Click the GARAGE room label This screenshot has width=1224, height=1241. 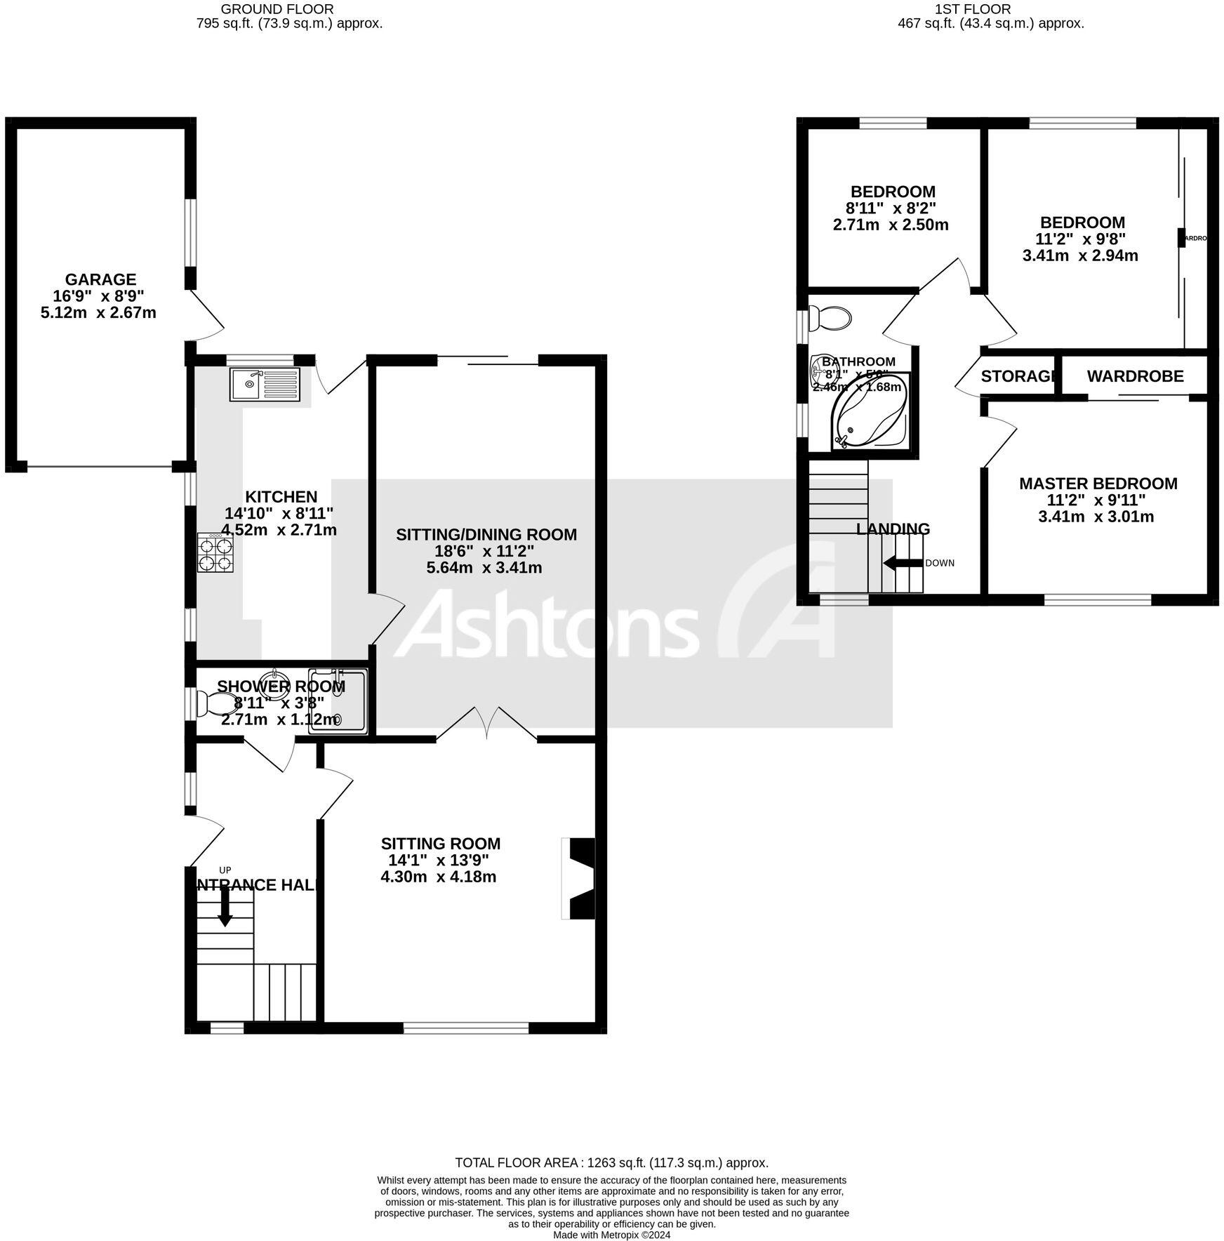(x=100, y=279)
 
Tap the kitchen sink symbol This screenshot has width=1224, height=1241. (x=265, y=384)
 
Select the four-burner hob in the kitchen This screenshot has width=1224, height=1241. (x=215, y=552)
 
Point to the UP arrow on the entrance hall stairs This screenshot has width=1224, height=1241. (x=225, y=907)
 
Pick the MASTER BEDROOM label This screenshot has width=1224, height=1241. (x=1098, y=484)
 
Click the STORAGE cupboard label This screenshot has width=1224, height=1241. (x=1018, y=376)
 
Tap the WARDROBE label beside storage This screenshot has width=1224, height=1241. (x=1135, y=376)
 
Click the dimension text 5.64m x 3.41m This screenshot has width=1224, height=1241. (x=484, y=567)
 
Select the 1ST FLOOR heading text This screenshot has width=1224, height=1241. (x=972, y=9)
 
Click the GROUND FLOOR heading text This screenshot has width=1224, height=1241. (x=277, y=9)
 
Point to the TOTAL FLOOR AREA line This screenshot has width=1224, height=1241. (x=611, y=1163)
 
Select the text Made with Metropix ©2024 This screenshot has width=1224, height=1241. (x=611, y=1235)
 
